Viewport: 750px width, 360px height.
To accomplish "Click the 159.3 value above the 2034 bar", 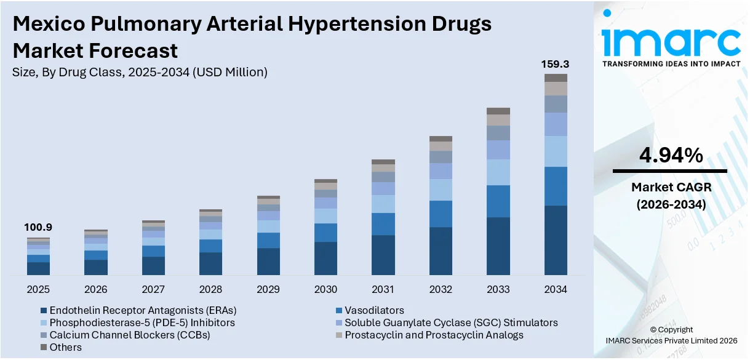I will click(555, 64).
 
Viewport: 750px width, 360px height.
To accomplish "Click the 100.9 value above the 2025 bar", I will click(38, 228).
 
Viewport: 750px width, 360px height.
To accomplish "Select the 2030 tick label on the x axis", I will click(325, 289).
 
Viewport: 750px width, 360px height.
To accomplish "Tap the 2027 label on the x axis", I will click(153, 289).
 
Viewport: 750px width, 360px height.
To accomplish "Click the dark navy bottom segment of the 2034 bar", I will click(556, 240).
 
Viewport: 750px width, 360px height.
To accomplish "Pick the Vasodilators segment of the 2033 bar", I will click(498, 201).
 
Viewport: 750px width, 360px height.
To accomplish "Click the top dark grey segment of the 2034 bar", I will click(556, 78).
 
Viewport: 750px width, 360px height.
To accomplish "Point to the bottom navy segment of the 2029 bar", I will click(268, 262).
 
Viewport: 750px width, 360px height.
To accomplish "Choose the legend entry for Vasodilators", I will click(374, 310).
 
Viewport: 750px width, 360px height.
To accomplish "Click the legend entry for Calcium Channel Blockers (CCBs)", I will click(130, 335).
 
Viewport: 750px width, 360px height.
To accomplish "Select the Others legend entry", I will click(65, 347).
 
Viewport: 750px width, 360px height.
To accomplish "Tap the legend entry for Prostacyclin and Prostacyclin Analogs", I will click(434, 335).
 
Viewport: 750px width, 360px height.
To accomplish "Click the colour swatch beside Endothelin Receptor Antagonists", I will click(44, 310).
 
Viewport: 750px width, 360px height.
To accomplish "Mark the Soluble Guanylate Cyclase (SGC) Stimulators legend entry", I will click(451, 322).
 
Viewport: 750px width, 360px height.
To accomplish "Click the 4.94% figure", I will click(671, 156).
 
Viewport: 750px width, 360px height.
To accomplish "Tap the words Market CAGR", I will click(671, 186).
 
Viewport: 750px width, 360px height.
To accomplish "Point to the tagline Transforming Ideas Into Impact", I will click(671, 64).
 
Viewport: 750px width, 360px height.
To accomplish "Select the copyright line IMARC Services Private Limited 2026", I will click(671, 340).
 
